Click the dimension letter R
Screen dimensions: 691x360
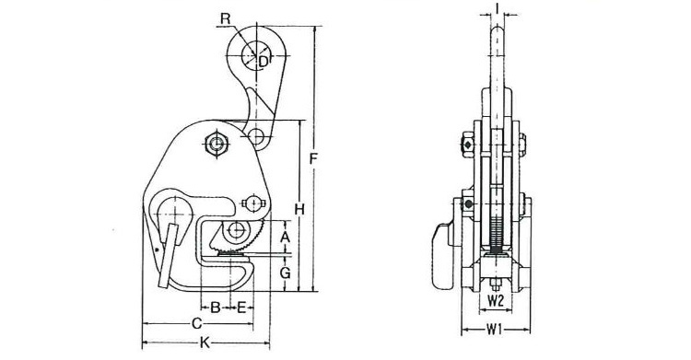(x=226, y=18)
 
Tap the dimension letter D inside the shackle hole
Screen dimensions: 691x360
(x=263, y=62)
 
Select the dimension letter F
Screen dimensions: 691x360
(x=313, y=158)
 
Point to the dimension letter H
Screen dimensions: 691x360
(x=299, y=210)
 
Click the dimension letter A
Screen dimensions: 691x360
(x=286, y=237)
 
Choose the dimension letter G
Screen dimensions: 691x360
(x=286, y=273)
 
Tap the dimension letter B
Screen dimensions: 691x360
(x=215, y=308)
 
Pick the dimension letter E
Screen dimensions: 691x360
(x=241, y=308)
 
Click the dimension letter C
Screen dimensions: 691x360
(x=196, y=324)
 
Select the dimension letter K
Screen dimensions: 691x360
(x=205, y=343)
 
